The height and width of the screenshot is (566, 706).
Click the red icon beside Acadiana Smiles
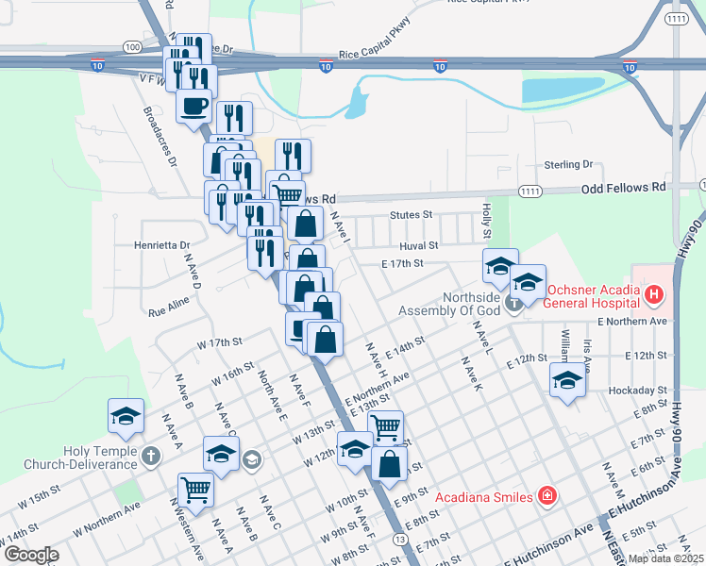[546, 495]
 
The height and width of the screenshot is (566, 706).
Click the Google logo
[31, 555]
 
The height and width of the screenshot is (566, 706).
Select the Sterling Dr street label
[567, 164]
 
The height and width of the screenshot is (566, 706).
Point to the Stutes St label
[412, 215]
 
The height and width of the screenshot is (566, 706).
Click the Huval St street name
[419, 245]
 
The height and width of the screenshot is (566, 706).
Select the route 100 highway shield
[132, 46]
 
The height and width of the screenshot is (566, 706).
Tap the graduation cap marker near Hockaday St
[566, 381]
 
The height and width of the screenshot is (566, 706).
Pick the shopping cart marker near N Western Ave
[195, 489]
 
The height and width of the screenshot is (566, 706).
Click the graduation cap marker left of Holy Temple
[126, 416]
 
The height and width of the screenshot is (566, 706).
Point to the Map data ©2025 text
[665, 558]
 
